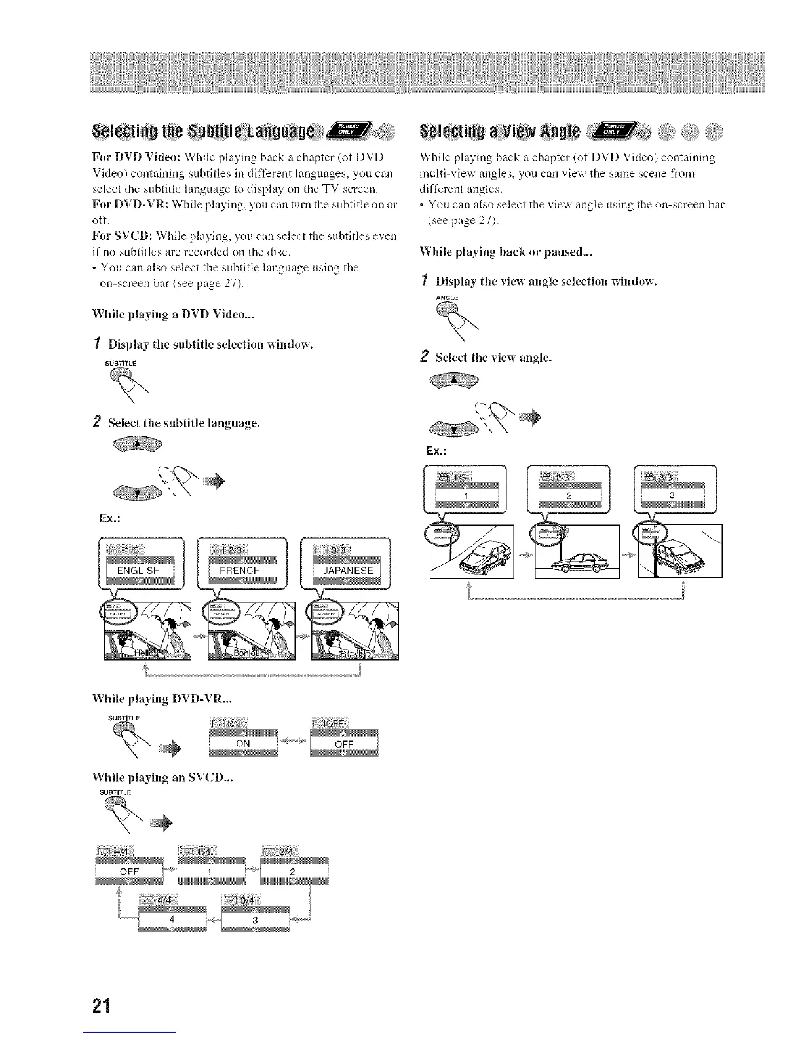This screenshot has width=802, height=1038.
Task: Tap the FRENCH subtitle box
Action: point(240,571)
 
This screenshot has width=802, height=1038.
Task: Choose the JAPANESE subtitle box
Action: point(347,571)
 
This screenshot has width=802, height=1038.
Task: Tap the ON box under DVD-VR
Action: point(243,744)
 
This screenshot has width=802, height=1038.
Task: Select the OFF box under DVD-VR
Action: point(344,744)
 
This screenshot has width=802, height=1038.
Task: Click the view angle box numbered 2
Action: point(569,496)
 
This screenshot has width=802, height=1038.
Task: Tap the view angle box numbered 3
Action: point(672,496)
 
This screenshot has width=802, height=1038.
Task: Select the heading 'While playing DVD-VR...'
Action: point(167,699)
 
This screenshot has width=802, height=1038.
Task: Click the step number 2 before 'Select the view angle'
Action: point(424,357)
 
